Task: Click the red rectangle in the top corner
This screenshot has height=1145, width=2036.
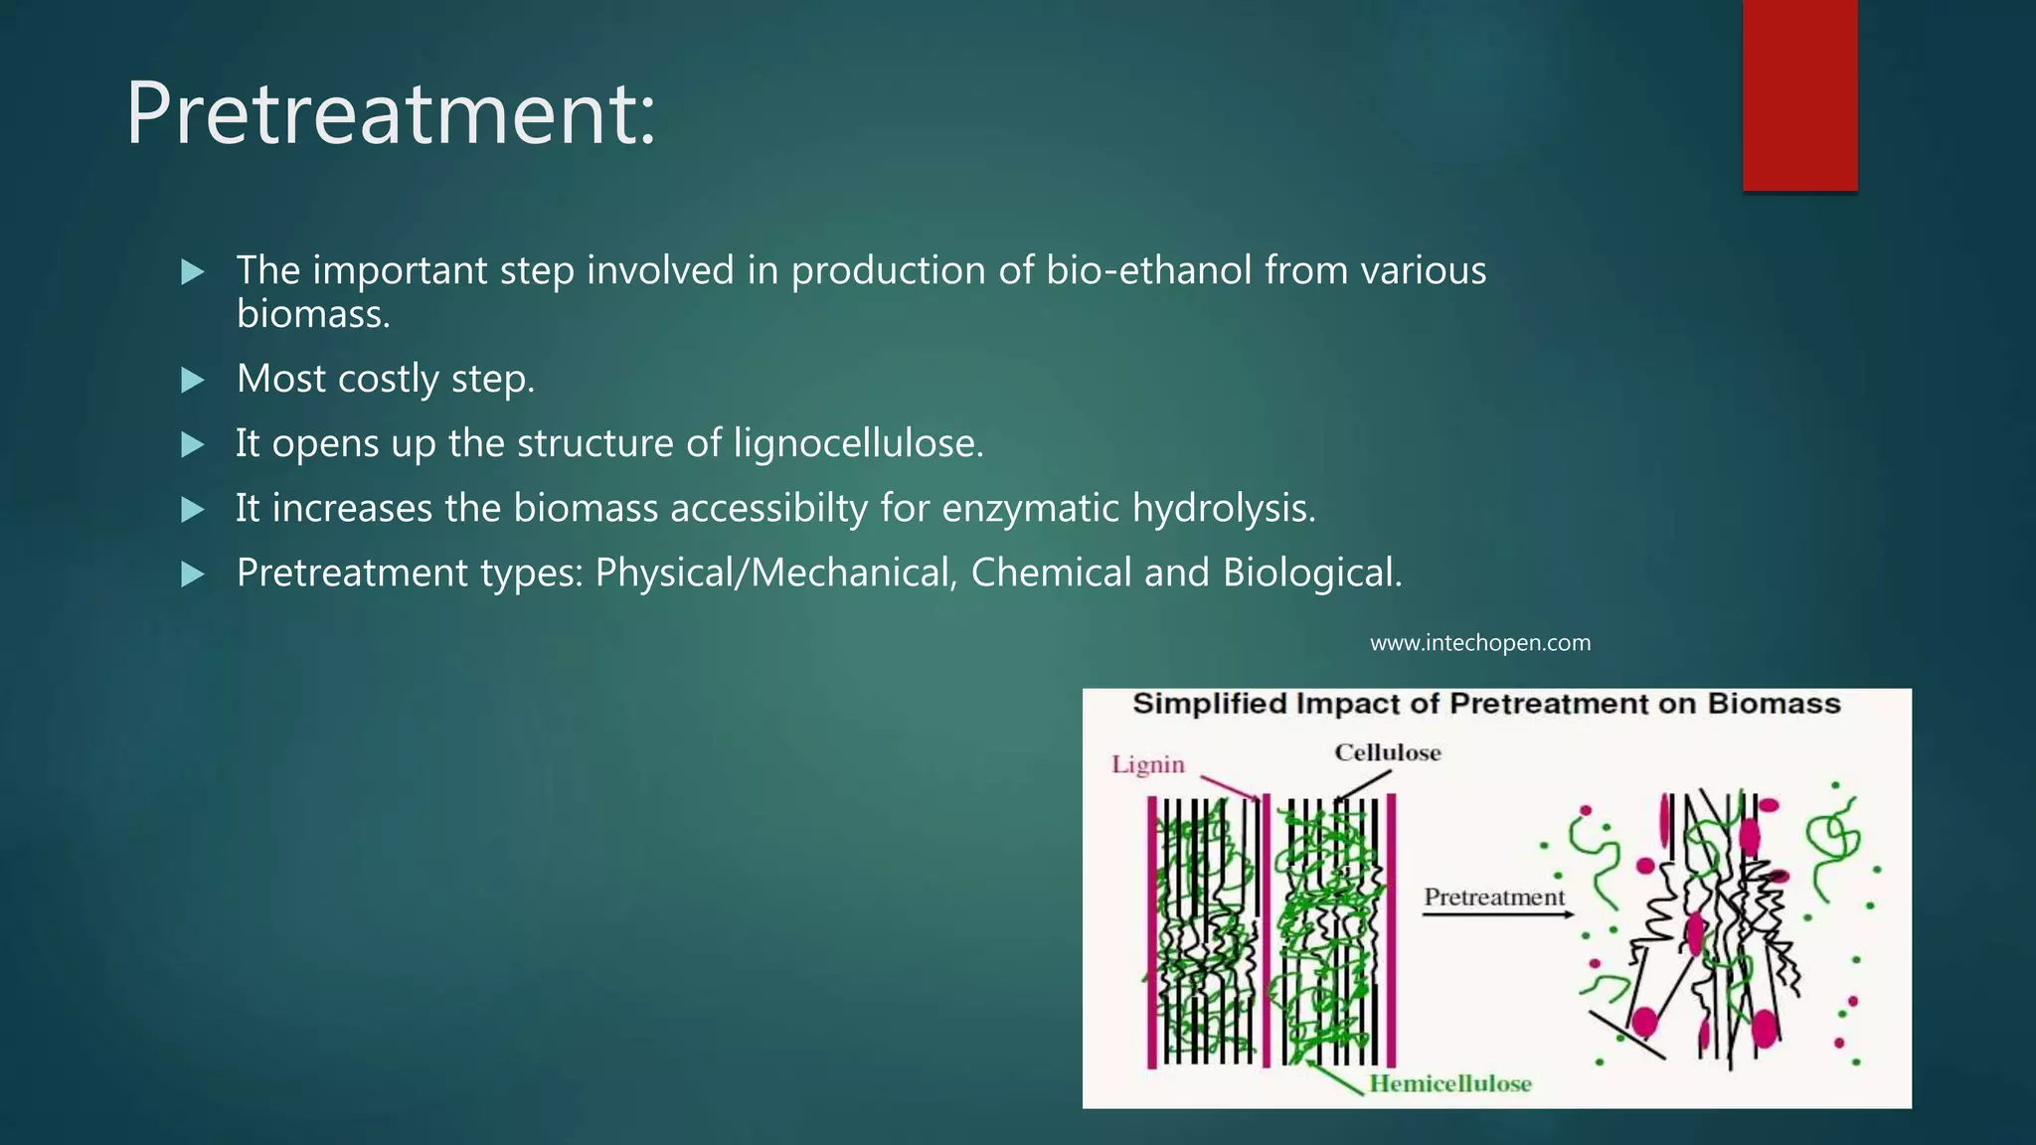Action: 1799,94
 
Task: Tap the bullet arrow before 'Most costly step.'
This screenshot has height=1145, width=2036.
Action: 193,380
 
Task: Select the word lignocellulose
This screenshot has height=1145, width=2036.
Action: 858,443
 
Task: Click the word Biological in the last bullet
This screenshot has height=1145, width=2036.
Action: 1311,573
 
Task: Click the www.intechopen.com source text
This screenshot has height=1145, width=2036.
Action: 1479,643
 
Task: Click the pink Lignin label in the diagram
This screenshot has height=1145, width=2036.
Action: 1148,764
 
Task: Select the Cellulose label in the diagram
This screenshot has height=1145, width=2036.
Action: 1387,752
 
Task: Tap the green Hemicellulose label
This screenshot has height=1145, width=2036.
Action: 1449,1083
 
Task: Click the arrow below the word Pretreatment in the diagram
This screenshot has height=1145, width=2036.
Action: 1496,914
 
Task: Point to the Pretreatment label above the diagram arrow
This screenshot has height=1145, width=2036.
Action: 1493,897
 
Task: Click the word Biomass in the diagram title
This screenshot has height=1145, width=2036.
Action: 1774,704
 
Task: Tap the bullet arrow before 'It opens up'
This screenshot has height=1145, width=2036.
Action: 193,444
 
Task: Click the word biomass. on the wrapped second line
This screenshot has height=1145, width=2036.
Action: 313,315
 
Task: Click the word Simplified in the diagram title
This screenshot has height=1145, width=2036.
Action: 1209,704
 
